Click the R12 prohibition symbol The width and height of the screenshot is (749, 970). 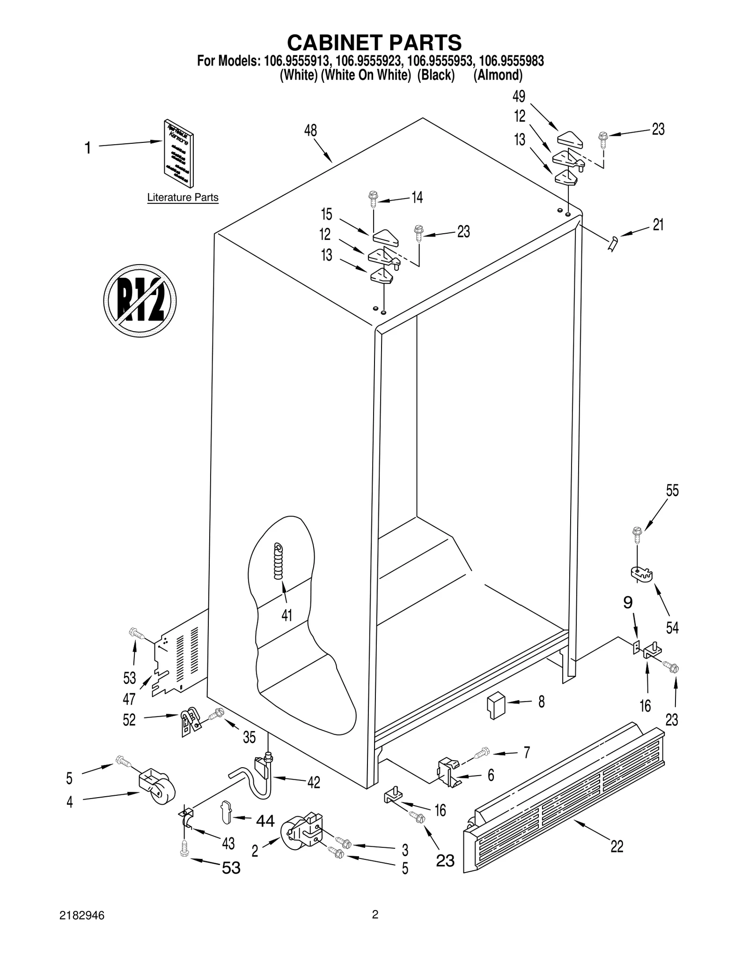tap(140, 300)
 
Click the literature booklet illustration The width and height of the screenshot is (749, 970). tap(179, 153)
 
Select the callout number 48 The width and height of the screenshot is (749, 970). tap(310, 131)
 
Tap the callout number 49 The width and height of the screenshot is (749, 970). tap(519, 96)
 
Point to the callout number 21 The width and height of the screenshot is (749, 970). tap(658, 225)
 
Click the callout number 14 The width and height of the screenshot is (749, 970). tap(417, 198)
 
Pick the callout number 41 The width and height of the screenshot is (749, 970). tap(286, 615)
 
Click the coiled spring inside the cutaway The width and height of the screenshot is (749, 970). tap(279, 561)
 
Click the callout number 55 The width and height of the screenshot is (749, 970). tap(672, 491)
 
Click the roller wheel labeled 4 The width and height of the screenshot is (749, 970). tap(158, 788)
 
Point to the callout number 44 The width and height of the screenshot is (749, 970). tap(265, 821)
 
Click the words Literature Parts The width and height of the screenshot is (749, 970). tap(183, 198)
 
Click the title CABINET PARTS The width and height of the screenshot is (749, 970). tap(374, 43)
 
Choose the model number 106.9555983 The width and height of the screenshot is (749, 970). tap(511, 61)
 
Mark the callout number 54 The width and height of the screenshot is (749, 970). tap(672, 628)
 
